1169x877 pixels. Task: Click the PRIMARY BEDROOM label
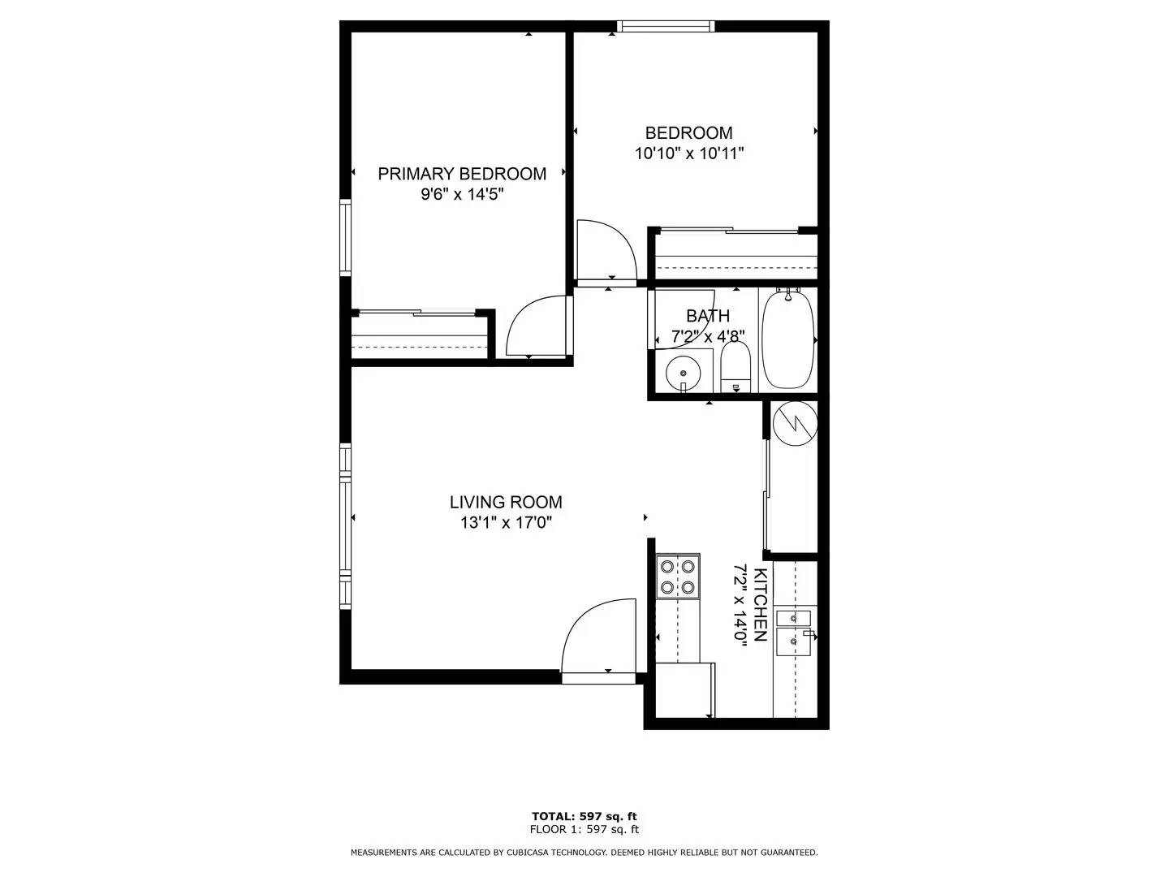click(462, 174)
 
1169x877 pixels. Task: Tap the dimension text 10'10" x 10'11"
click(689, 153)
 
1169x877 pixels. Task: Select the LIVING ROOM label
click(506, 503)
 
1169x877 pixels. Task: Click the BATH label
click(708, 316)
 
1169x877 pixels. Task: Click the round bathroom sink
click(683, 374)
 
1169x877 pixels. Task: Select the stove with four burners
click(678, 576)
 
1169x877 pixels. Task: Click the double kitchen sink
click(794, 632)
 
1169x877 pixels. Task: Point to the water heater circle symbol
click(794, 424)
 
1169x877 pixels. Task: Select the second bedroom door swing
click(606, 252)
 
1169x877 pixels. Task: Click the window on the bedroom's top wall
click(666, 26)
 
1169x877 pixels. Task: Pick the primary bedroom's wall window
click(345, 238)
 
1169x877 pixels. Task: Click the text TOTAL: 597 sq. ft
click(584, 816)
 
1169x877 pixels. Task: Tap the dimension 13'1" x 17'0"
click(506, 523)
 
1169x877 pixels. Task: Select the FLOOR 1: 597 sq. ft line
click(584, 829)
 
